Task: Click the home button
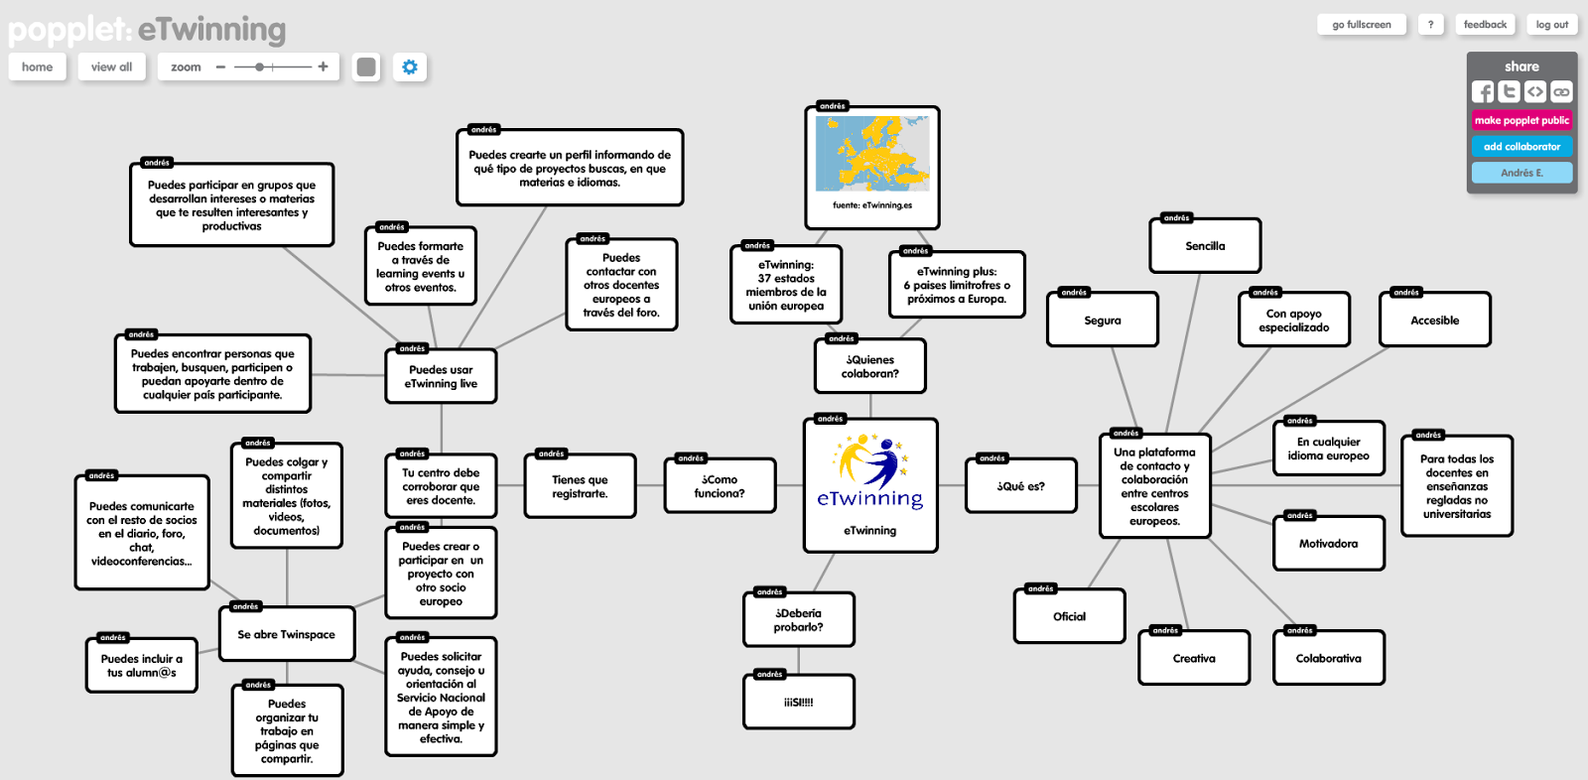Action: (38, 66)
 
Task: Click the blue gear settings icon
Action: (410, 66)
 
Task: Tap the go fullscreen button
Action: (1361, 25)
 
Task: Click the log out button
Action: (1551, 25)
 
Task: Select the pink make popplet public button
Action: (1522, 120)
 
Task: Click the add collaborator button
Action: (1522, 146)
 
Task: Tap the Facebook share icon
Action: (1483, 92)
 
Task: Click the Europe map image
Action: (872, 154)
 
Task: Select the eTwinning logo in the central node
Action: (870, 471)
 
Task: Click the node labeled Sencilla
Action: (1205, 246)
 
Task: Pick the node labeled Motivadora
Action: (1328, 544)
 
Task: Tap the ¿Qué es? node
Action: (1020, 486)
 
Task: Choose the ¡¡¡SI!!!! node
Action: (798, 703)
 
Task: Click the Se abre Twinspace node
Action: (286, 634)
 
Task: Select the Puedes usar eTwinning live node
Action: (441, 377)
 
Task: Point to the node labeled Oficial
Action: (1069, 616)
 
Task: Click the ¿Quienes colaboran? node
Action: (870, 367)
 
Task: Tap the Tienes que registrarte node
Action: (580, 486)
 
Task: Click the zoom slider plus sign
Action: (323, 66)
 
